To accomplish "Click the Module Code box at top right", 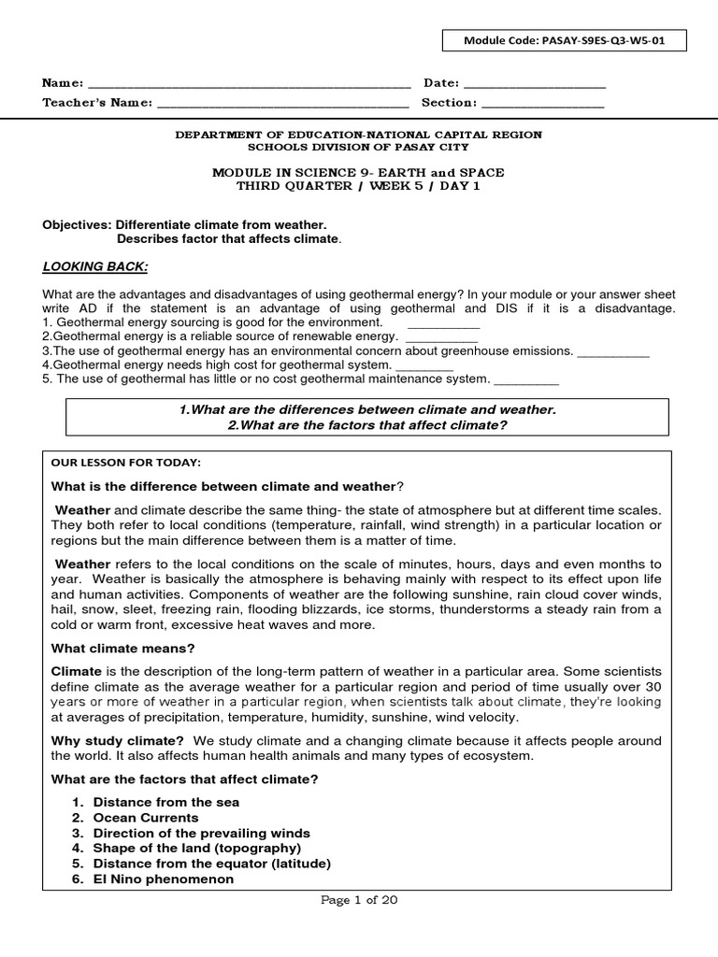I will tap(565, 41).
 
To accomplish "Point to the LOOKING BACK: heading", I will tap(95, 266).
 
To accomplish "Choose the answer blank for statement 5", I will tap(525, 379).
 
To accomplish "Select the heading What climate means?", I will tap(122, 648).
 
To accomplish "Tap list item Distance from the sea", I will tap(166, 802).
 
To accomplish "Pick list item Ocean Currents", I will tap(146, 818).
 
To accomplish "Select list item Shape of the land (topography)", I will tap(197, 849).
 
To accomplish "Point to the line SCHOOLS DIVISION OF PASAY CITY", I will tap(359, 147).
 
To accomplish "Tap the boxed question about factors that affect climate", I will tap(366, 425).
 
